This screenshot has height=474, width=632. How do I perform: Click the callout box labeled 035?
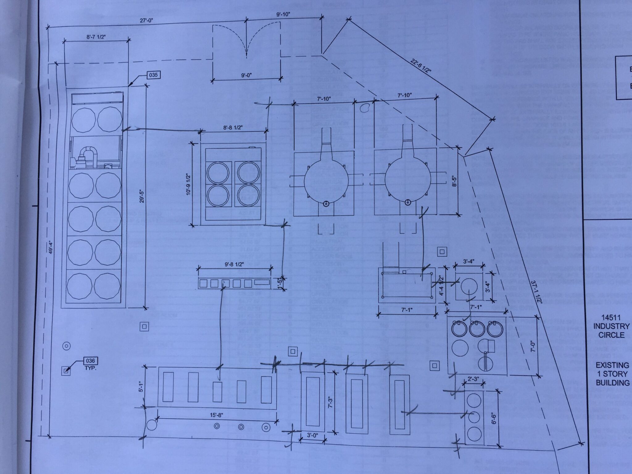[153, 75]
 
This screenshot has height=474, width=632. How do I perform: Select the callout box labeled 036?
[90, 361]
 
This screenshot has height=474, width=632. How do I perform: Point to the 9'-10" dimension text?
[284, 14]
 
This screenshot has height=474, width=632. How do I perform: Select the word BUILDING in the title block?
[613, 383]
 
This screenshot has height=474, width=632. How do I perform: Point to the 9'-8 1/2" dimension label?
[234, 264]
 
